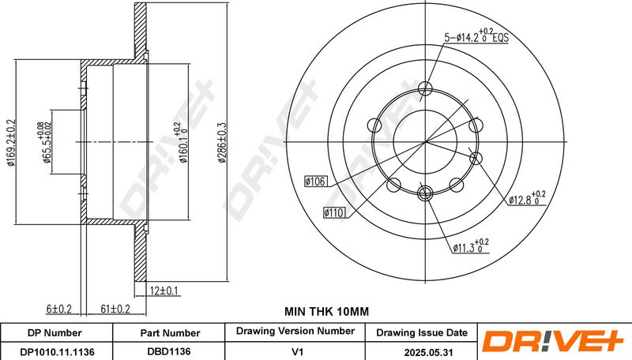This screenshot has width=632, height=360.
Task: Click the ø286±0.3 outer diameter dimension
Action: point(222,143)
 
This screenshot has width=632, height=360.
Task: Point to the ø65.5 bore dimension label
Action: point(44,143)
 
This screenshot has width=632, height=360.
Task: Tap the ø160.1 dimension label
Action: point(182,143)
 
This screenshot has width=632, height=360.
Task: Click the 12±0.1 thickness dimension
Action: point(164,291)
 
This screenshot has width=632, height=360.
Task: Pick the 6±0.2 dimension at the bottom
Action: point(58,309)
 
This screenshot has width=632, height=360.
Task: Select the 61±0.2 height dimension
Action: point(115,309)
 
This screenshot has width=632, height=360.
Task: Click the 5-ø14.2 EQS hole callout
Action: point(476,37)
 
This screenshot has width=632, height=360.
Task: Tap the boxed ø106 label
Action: point(315,182)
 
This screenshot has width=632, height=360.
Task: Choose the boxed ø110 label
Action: point(334,212)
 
